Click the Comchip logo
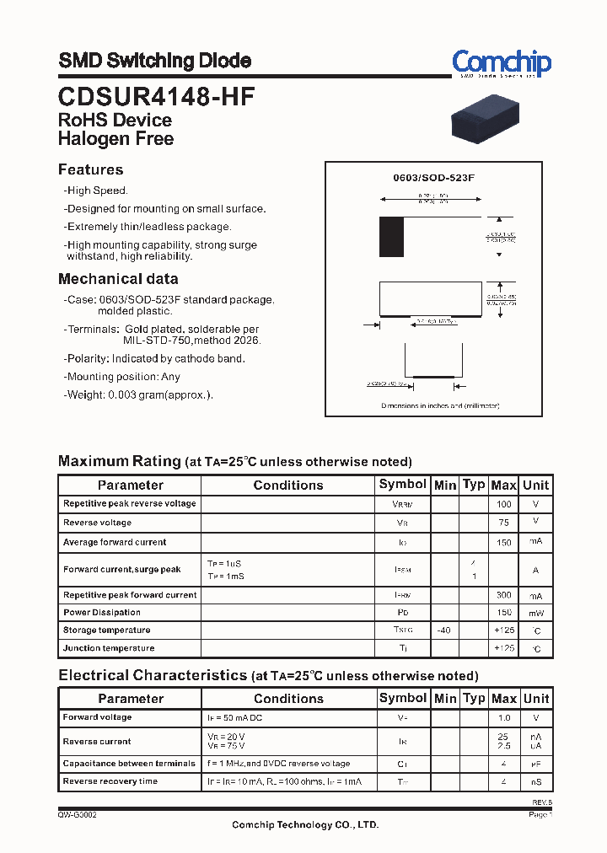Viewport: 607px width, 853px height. tap(501, 63)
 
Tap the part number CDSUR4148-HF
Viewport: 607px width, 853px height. tap(156, 96)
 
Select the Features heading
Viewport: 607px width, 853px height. tap(90, 169)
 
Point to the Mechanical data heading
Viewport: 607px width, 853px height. tap(118, 279)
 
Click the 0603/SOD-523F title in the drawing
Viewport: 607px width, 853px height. tap(434, 180)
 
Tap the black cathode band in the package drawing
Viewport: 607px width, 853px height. tap(391, 237)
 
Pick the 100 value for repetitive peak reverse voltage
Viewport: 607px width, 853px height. tap(503, 504)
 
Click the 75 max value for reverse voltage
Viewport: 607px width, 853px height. tap(503, 523)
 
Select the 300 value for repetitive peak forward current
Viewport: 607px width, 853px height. tap(503, 595)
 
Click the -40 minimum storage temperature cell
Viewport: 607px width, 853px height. tap(444, 630)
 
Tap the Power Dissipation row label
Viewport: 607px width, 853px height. tap(102, 613)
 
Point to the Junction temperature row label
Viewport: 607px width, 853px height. tap(109, 648)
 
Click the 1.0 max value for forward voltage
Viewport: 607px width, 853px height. tap(503, 718)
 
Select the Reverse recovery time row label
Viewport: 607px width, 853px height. tap(110, 781)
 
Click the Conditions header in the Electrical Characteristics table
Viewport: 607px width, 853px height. tap(288, 699)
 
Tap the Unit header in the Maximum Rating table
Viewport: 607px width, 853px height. tap(535, 485)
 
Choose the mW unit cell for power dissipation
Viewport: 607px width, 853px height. tap(535, 613)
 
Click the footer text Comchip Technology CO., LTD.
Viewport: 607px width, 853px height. tap(305, 825)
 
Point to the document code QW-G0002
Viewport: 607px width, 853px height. tap(77, 815)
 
